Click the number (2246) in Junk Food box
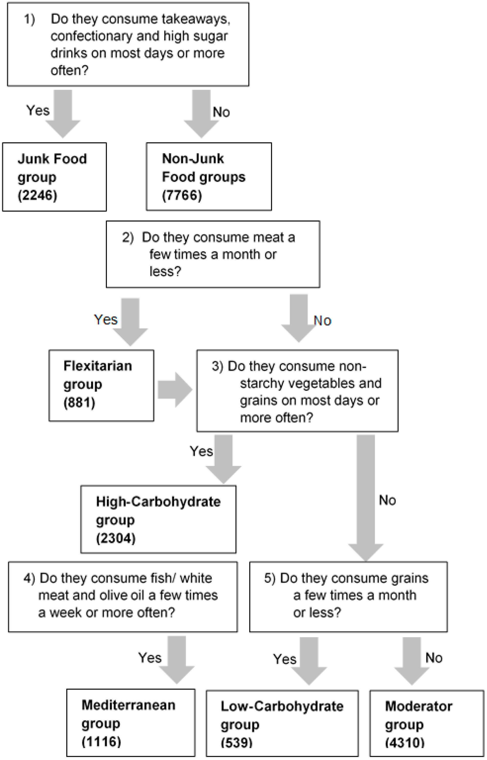pyautogui.click(x=37, y=195)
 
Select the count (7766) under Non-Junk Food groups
pyautogui.click(x=182, y=195)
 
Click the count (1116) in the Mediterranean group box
pyautogui.click(x=101, y=742)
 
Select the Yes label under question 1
pyautogui.click(x=38, y=110)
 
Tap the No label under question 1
pyautogui.click(x=221, y=112)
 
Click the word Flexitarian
pyautogui.click(x=98, y=366)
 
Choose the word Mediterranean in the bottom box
pyautogui.click(x=128, y=705)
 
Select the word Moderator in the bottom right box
pyautogui.click(x=418, y=706)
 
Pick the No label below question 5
pyautogui.click(x=434, y=658)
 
